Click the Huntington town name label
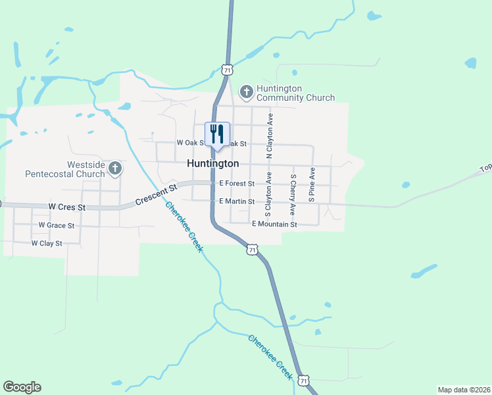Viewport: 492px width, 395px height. [x=212, y=163]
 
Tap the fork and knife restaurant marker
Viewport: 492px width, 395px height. [x=216, y=134]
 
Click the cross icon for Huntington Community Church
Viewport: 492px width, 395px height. [x=246, y=92]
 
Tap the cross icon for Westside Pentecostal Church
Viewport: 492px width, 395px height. [x=115, y=169]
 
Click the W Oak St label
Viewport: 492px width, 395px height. [x=192, y=143]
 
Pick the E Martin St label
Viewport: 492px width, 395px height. [x=236, y=201]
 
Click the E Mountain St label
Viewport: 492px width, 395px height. [x=274, y=224]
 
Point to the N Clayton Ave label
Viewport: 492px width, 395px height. [x=269, y=135]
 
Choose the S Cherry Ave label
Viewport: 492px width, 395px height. [x=293, y=195]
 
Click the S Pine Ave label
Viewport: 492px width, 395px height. [x=312, y=183]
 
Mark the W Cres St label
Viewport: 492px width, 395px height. [x=67, y=207]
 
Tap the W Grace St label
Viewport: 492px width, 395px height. [x=56, y=225]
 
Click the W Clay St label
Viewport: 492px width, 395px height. [x=46, y=244]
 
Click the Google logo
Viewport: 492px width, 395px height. [x=22, y=387]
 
